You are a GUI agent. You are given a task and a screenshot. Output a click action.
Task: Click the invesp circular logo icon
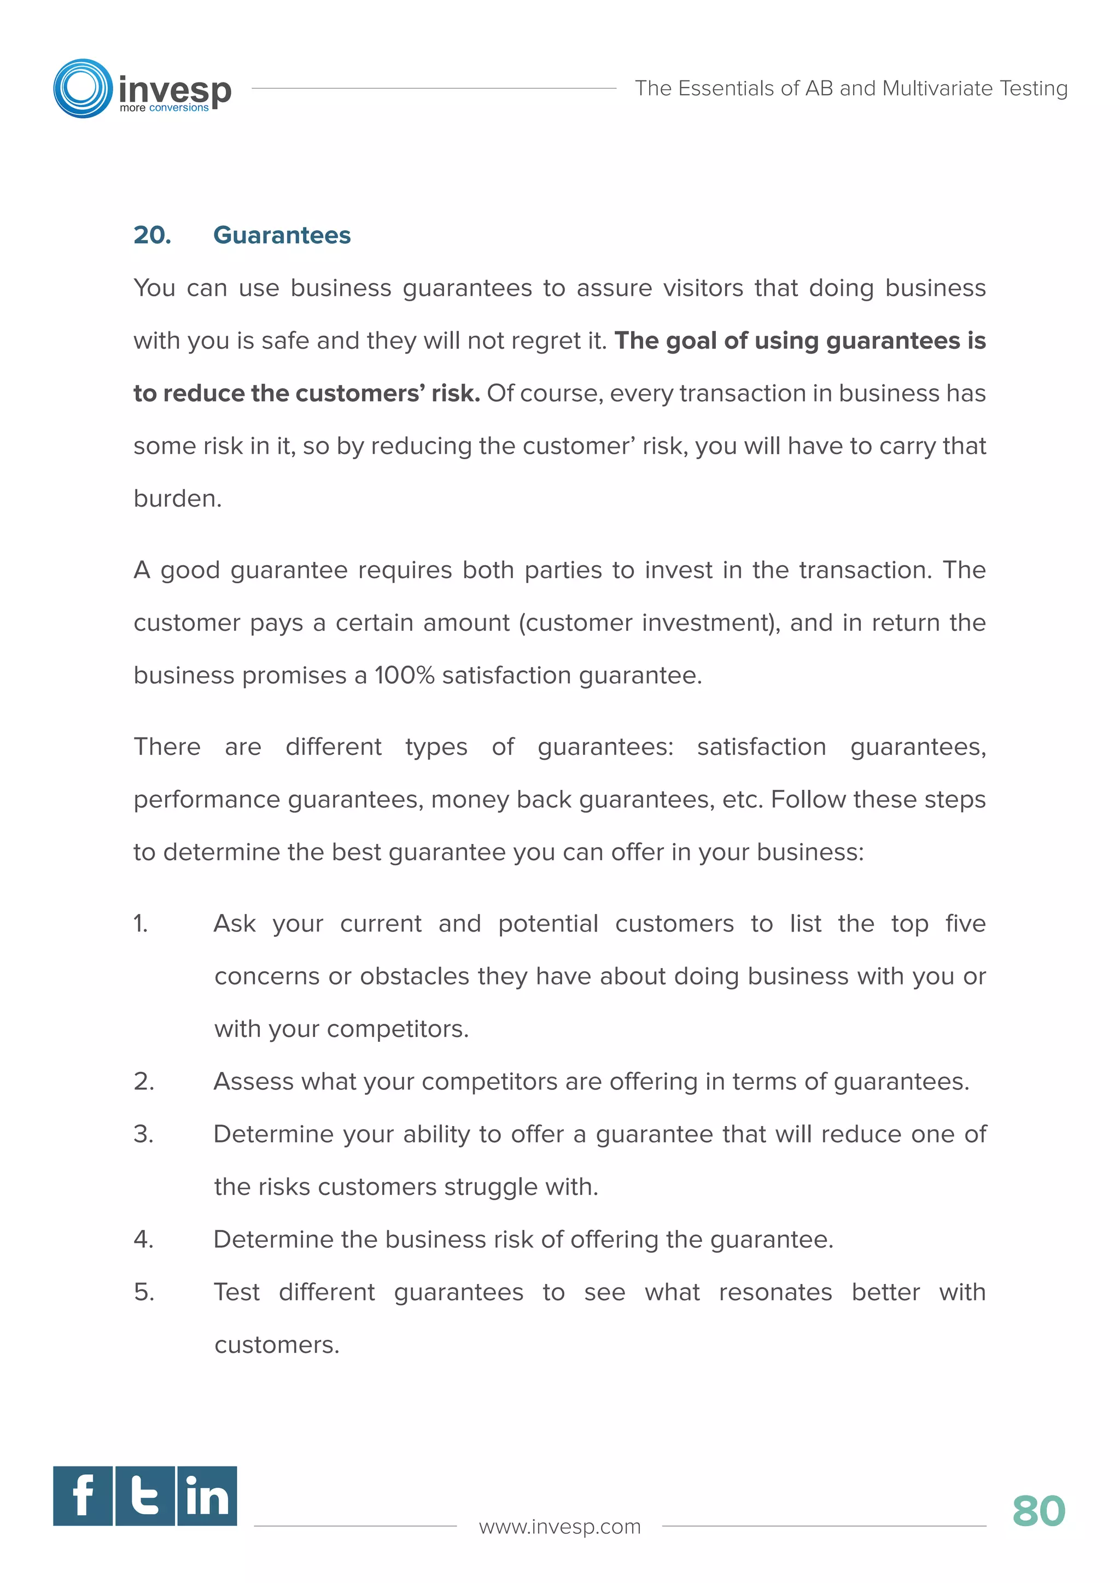pyautogui.click(x=83, y=88)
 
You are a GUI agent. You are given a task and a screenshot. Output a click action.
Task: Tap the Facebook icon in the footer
pyautogui.click(x=83, y=1496)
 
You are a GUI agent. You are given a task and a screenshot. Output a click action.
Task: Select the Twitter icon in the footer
pyautogui.click(x=145, y=1496)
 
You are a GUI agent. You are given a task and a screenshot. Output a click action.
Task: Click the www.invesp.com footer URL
pyautogui.click(x=559, y=1527)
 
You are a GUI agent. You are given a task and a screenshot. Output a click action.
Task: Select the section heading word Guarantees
pyautogui.click(x=282, y=235)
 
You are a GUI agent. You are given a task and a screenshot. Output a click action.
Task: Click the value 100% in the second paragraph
pyautogui.click(x=404, y=675)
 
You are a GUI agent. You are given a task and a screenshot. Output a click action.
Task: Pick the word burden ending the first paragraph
pyautogui.click(x=177, y=499)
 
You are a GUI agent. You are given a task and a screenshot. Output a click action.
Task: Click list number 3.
pyautogui.click(x=143, y=1134)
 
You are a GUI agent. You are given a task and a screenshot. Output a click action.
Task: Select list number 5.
pyautogui.click(x=143, y=1292)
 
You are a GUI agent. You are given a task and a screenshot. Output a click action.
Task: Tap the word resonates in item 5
pyautogui.click(x=775, y=1292)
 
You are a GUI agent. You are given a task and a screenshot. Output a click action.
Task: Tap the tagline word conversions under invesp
pyautogui.click(x=179, y=108)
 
